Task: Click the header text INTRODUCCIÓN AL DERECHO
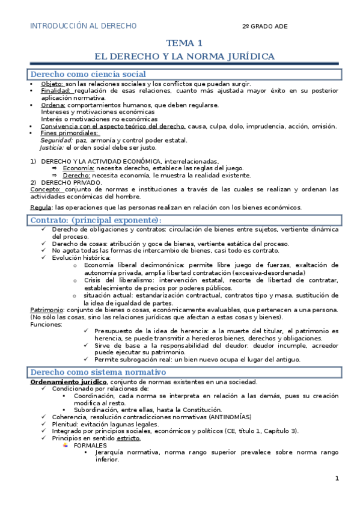pos(84,26)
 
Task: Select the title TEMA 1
pos(185,43)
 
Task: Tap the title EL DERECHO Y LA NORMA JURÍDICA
pos(185,57)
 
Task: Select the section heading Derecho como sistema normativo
pos(94,372)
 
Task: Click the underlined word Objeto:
pos(52,84)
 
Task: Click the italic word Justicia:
pos(52,147)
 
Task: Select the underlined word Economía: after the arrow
pos(78,168)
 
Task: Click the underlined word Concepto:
pos(44,189)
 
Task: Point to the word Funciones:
pos(46,324)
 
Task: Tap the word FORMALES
pos(90,445)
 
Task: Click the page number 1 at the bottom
pos(337,479)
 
